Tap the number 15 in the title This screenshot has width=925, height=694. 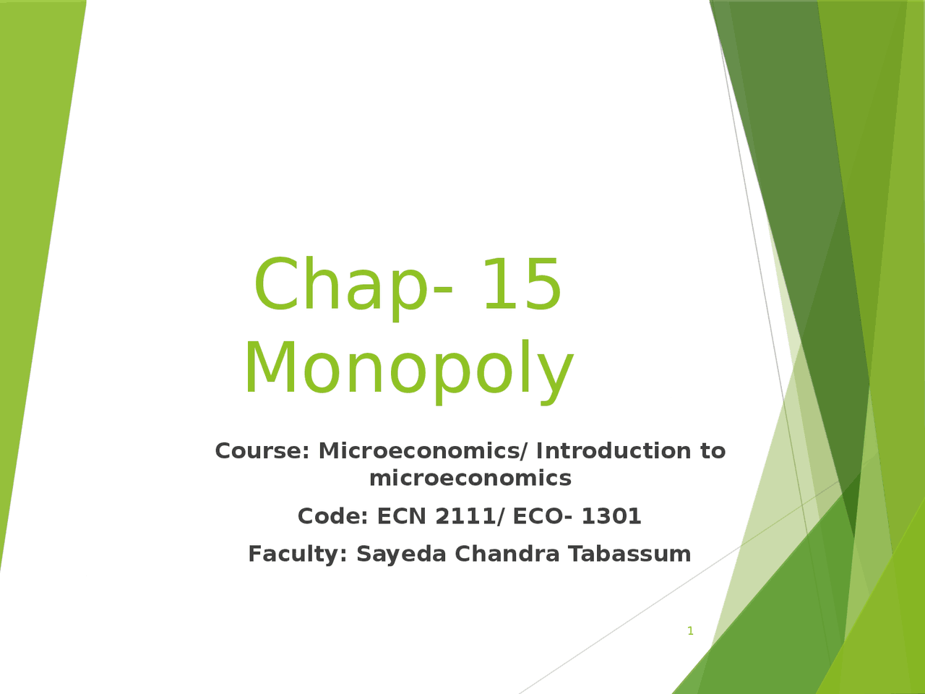[521, 286]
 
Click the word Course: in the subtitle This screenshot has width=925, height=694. [262, 451]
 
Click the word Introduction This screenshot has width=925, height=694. [614, 451]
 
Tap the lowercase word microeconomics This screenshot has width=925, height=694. [470, 478]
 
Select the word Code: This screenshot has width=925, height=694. [333, 516]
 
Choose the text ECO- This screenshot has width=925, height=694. [543, 516]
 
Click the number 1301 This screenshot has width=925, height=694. [611, 516]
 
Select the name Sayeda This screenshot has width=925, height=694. [401, 554]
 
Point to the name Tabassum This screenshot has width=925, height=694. [629, 554]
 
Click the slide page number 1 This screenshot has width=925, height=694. [690, 631]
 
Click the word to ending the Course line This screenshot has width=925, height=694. [713, 451]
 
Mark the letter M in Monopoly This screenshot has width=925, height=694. [269, 369]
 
